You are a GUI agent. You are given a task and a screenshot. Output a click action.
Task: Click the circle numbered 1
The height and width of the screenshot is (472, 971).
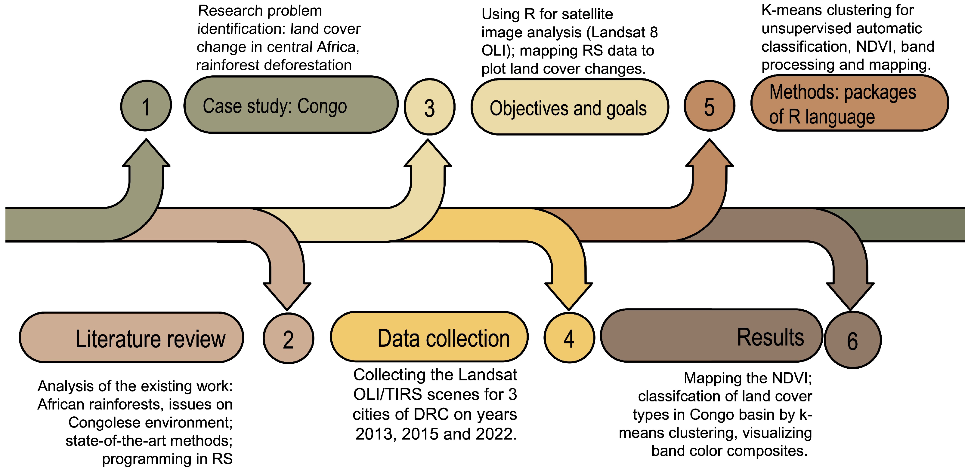point(146,106)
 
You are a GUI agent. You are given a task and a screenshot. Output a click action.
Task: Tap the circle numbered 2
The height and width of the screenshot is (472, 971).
point(288,338)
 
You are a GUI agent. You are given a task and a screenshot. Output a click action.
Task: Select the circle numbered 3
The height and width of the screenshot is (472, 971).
point(429,107)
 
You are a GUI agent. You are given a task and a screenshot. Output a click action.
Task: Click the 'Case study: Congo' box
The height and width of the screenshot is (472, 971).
point(291,105)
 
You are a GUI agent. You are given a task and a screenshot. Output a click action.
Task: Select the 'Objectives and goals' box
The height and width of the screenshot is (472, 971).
point(569,107)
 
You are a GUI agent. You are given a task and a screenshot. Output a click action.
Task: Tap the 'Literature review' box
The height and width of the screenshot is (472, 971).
point(131,338)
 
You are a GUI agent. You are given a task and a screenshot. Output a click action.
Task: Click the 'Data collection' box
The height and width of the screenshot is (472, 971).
point(429,337)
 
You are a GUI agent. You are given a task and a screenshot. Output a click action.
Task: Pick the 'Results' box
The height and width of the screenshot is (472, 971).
point(711,336)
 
